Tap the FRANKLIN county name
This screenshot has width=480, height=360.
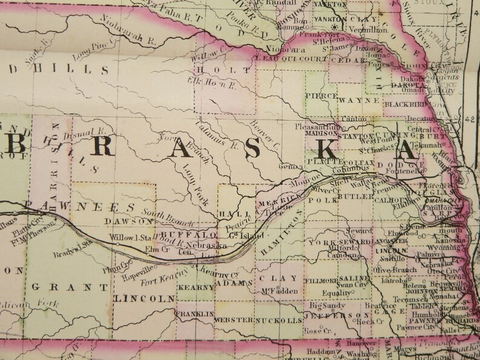(195, 315)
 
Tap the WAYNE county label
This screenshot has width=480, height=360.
(353, 100)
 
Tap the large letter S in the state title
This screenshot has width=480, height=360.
(254, 147)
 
